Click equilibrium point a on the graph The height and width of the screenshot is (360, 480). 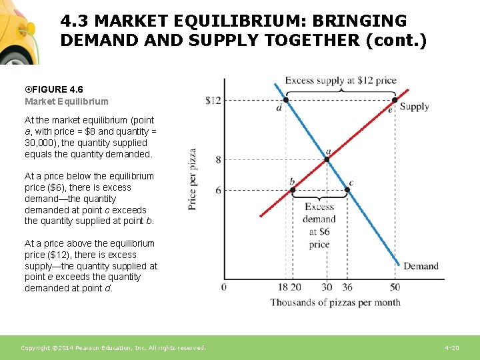327,159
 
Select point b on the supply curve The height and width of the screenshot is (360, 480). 293,190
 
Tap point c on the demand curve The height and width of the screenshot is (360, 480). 347,190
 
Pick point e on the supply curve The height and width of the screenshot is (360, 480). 395,100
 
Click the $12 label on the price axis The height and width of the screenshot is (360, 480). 213,101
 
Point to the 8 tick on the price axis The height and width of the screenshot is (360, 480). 218,160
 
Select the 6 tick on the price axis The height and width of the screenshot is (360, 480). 218,191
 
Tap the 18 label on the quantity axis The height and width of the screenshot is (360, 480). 283,287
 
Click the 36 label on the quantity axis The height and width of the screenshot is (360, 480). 347,287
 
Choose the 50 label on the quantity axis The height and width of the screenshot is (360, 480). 395,287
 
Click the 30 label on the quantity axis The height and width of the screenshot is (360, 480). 327,287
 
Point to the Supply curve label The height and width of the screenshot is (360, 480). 414,107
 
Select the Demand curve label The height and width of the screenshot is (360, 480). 421,266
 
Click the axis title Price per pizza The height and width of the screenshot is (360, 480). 193,179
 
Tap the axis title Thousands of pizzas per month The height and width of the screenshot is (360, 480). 335,303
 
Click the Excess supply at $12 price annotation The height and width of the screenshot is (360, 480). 341,81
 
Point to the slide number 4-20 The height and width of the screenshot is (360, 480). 451,348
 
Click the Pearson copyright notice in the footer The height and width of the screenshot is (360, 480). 113,348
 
